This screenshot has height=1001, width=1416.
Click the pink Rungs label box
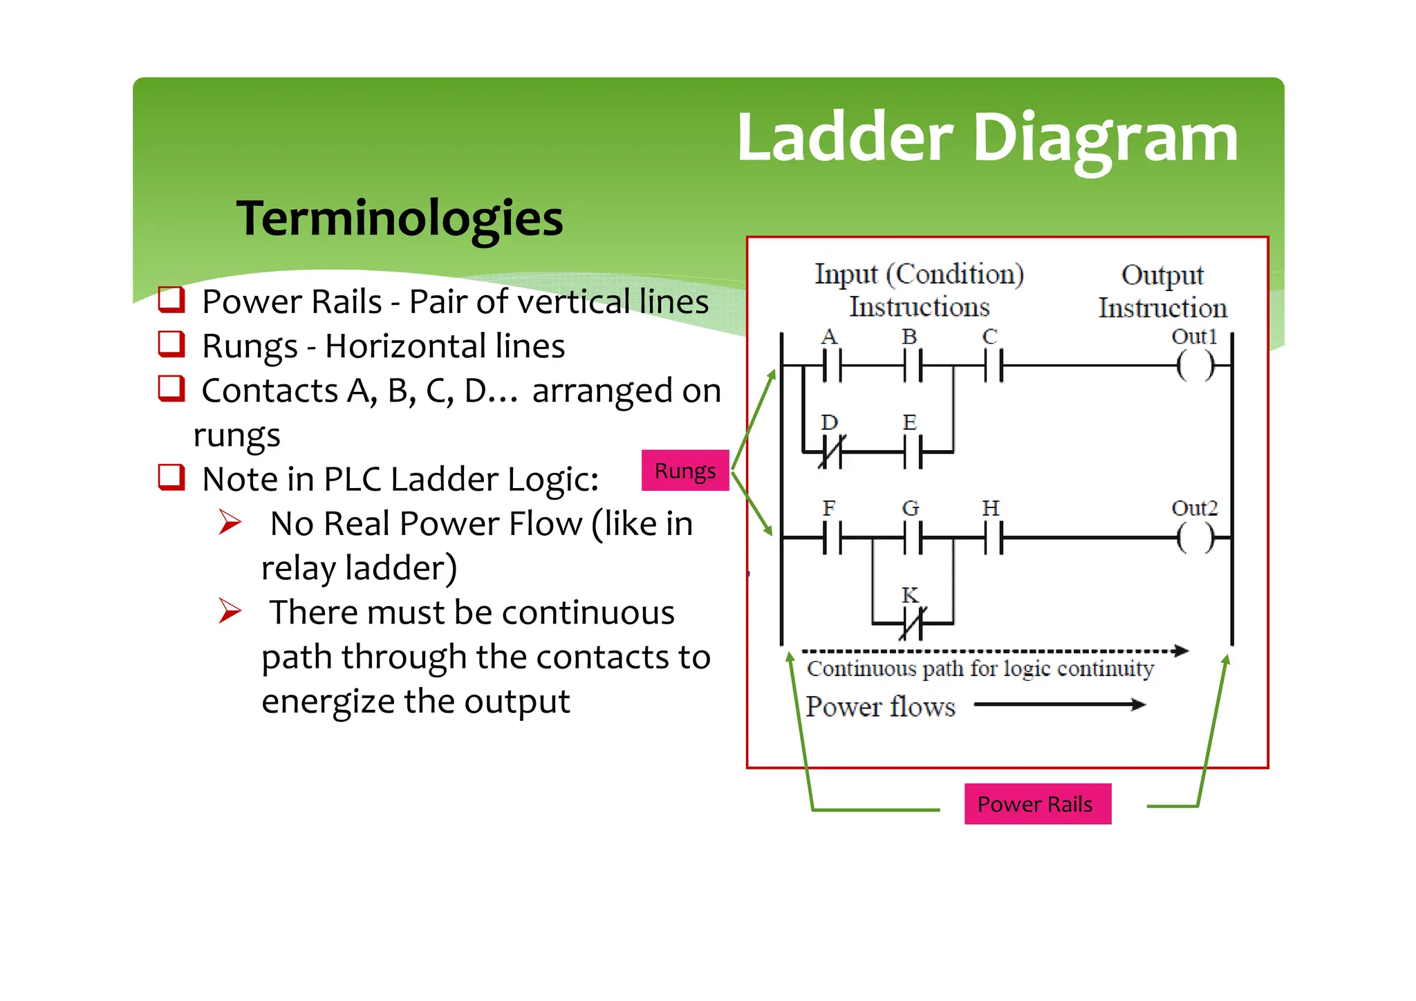pyautogui.click(x=684, y=470)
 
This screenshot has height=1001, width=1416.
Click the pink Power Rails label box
pyautogui.click(x=1037, y=803)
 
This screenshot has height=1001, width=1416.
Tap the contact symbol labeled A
pyautogui.click(x=832, y=366)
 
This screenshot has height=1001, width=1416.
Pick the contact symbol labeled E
pyautogui.click(x=913, y=453)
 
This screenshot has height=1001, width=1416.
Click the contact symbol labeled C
pyautogui.click(x=994, y=366)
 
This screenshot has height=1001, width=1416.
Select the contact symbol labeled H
pyautogui.click(x=994, y=537)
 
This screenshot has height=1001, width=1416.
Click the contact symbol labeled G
pyautogui.click(x=913, y=537)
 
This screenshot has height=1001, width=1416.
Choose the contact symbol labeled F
pyautogui.click(x=832, y=537)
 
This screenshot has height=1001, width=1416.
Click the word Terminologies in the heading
pyautogui.click(x=400, y=218)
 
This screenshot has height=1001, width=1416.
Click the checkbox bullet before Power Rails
pyautogui.click(x=171, y=300)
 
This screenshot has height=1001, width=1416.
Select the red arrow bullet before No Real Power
pyautogui.click(x=230, y=522)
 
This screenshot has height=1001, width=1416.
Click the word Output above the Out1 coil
pyautogui.click(x=1162, y=275)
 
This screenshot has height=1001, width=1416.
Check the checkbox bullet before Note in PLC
pyautogui.click(x=171, y=477)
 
